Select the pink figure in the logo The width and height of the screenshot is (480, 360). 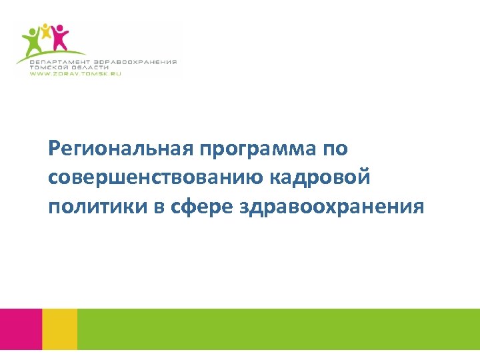(x=60, y=37)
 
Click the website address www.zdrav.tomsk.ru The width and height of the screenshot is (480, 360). (x=75, y=73)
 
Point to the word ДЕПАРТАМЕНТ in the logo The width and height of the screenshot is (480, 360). (x=58, y=61)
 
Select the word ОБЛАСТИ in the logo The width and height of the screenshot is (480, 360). (x=91, y=67)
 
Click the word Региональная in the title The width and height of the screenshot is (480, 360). (x=120, y=148)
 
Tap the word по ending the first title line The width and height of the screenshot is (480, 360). (x=335, y=148)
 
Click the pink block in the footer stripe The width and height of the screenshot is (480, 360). (x=21, y=329)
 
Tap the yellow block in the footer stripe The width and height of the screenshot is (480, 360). (x=59, y=329)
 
